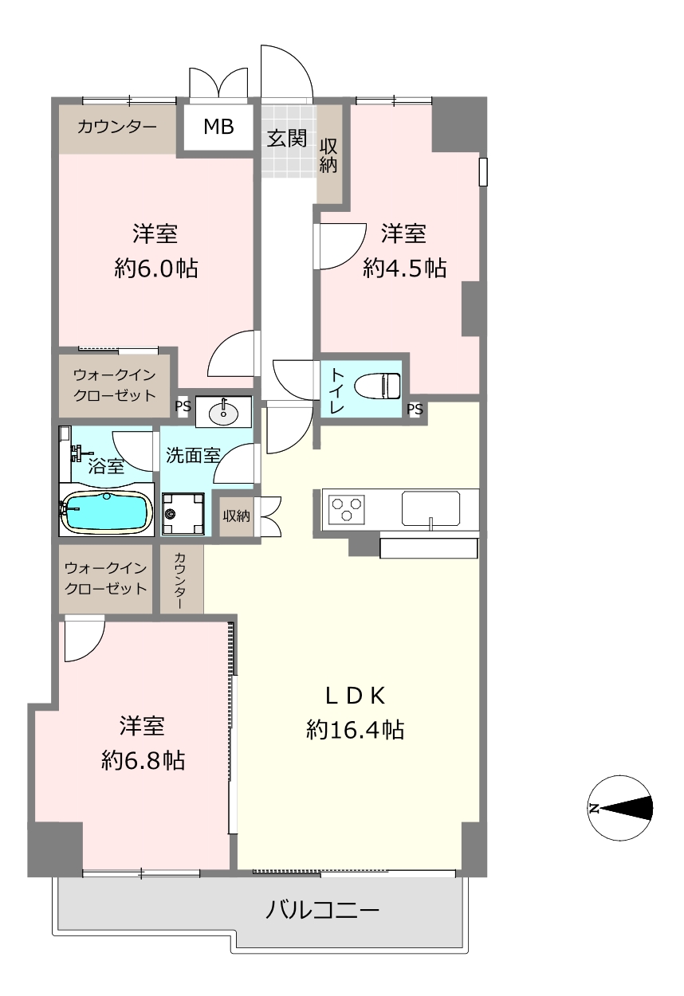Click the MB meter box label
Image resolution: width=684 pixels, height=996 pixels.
pos(218,127)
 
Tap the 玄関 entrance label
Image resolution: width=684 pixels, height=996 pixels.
pos(287,138)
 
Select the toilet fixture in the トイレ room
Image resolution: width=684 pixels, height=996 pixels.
pos(378,386)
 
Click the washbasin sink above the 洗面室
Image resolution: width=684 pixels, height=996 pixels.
pos(223,412)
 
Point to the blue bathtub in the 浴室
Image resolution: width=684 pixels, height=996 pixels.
pos(106,514)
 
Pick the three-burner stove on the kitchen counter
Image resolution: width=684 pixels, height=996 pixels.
pos(347,509)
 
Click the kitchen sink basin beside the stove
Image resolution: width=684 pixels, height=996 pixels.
pos(430,508)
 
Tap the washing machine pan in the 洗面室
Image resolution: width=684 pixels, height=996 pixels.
pos(183,514)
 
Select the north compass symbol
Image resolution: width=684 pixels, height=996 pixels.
pos(620,808)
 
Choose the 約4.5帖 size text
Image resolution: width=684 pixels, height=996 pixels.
pos(404,268)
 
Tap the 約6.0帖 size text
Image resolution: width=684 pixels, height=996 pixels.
pos(155,268)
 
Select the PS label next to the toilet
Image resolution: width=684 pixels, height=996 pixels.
pos(415,409)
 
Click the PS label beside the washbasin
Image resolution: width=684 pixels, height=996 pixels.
pos(183,406)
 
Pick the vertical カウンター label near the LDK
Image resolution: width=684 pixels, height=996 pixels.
pos(179,580)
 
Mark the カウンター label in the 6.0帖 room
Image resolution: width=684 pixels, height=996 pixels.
pos(117,127)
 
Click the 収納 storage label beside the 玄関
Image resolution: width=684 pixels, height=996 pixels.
pos(328,155)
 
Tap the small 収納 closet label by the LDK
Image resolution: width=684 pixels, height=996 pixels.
pos(236,516)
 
